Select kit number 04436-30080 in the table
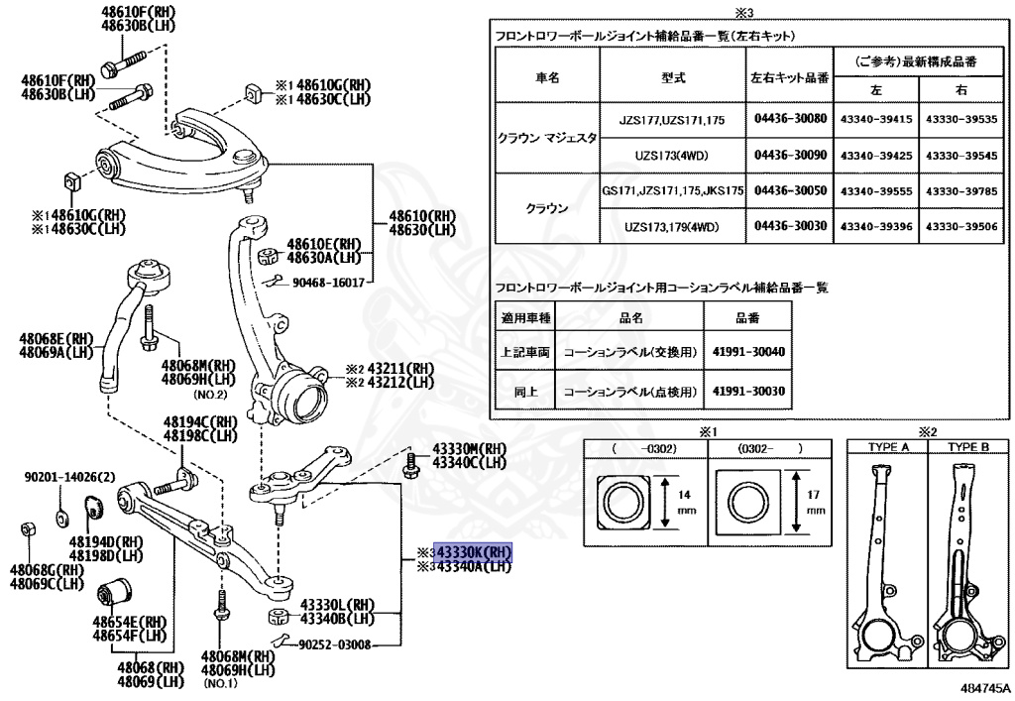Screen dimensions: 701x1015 pyautogui.click(x=790, y=118)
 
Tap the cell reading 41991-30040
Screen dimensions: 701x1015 pyautogui.click(x=747, y=352)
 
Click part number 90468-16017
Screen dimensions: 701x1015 pyautogui.click(x=328, y=283)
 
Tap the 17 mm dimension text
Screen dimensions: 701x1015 pyautogui.click(x=815, y=501)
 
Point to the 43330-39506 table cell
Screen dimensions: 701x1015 pyautogui.click(x=960, y=227)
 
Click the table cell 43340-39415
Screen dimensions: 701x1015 pyautogui.click(x=875, y=118)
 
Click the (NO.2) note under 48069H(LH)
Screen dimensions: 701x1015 pyautogui.click(x=209, y=394)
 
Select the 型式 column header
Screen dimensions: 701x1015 pyautogui.click(x=673, y=76)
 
